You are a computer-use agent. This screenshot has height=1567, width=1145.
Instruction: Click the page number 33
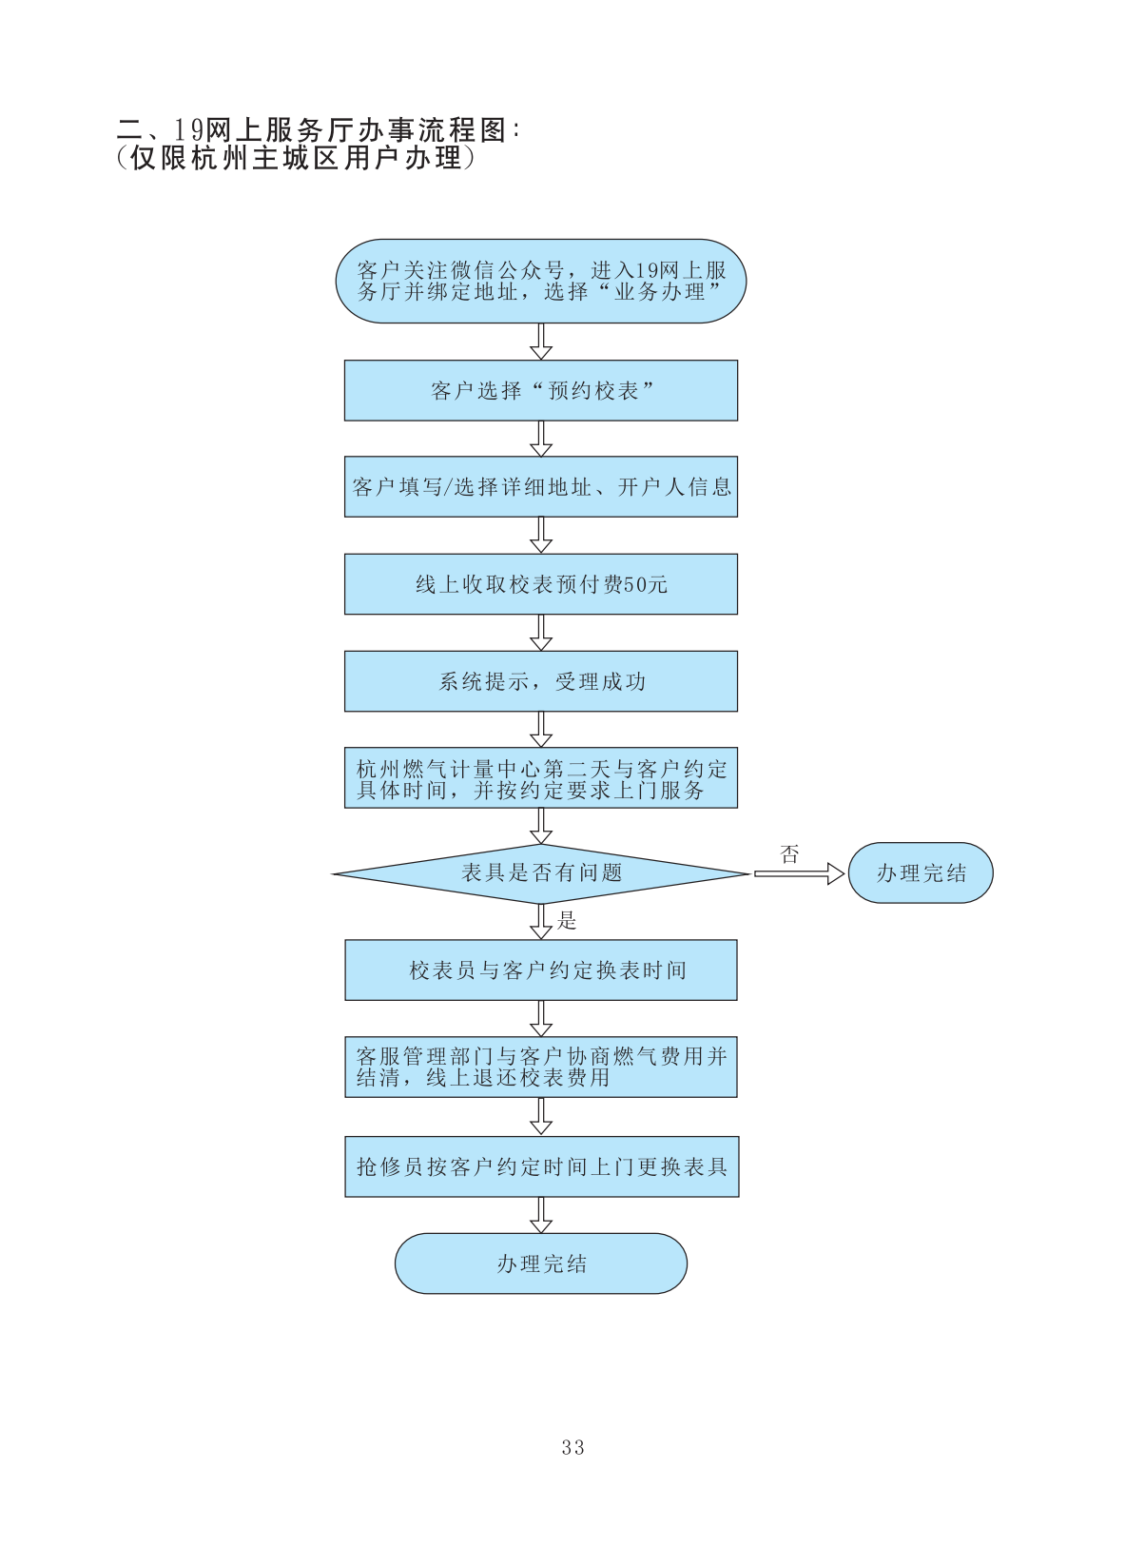[x=572, y=1447]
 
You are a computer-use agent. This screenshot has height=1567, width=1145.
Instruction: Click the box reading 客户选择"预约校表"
[x=540, y=390]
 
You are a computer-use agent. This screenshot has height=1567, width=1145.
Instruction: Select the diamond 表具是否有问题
[x=540, y=873]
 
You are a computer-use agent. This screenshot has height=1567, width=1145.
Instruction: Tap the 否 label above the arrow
[x=789, y=854]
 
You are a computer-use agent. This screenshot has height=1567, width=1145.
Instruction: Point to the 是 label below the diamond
[x=568, y=920]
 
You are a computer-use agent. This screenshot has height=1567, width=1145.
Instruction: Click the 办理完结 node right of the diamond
[x=920, y=872]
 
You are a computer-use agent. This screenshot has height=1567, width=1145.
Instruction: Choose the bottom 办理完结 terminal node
[x=540, y=1263]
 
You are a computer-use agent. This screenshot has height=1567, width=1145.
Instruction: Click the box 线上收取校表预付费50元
[x=540, y=584]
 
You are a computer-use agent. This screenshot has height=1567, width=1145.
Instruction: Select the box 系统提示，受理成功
[x=540, y=681]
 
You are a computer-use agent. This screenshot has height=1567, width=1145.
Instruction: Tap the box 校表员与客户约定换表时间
[x=540, y=970]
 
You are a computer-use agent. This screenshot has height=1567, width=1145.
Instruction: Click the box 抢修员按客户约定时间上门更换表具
[x=541, y=1166]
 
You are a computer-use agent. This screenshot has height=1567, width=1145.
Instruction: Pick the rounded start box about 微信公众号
[x=540, y=281]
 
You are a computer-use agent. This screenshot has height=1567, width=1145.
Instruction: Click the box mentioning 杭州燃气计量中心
[x=540, y=778]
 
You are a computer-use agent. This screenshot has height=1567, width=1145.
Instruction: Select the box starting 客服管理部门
[x=540, y=1067]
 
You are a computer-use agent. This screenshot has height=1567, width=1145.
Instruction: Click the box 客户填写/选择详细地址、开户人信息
[x=540, y=487]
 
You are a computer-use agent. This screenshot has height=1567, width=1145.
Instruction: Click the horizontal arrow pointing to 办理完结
[x=799, y=873]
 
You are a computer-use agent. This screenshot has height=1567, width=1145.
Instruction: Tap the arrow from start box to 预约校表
[x=541, y=342]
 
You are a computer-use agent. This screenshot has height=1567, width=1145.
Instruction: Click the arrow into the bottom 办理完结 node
[x=541, y=1215]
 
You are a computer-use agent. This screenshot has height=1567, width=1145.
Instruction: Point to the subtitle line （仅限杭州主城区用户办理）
[x=295, y=158]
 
